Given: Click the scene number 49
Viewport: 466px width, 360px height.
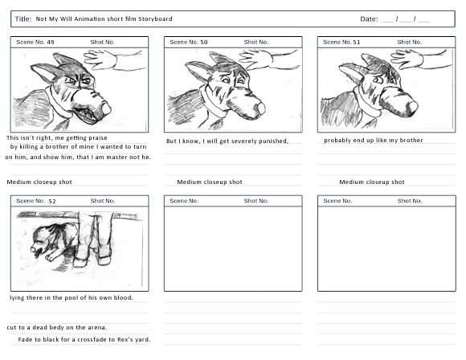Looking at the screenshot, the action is (x=51, y=43).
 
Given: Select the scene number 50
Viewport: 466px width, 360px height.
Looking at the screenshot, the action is (x=204, y=43).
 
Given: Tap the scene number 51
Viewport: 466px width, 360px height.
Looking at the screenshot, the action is (x=357, y=43).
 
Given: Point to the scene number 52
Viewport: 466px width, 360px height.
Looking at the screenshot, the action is (x=52, y=201).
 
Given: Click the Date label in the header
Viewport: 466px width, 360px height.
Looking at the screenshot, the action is (x=369, y=19).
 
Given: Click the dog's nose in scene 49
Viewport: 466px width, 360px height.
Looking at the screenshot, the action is (x=106, y=108).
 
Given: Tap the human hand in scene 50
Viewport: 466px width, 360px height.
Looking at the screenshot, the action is (x=255, y=59).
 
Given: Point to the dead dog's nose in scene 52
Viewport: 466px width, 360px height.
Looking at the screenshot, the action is (x=35, y=248).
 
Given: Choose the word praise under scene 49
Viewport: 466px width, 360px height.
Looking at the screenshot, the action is (x=98, y=138).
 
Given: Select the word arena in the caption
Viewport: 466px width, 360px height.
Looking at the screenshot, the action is (x=96, y=328).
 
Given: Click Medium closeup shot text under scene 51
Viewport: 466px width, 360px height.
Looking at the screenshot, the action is (x=372, y=182).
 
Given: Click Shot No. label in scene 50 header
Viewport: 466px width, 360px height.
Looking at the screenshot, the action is (x=256, y=43).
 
